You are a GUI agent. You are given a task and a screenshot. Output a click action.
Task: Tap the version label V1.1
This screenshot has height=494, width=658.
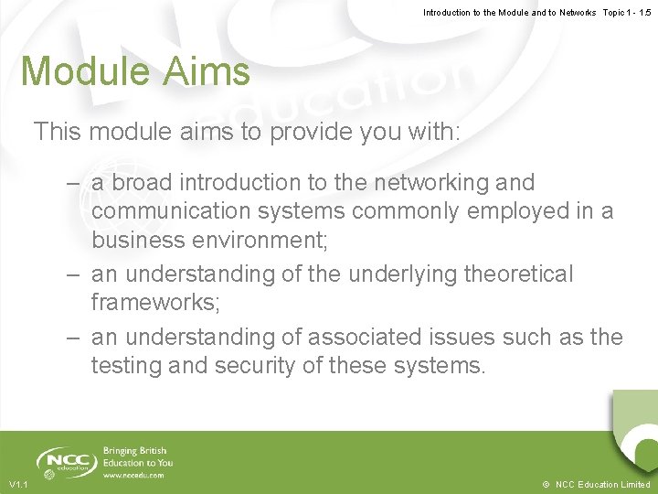(x=18, y=484)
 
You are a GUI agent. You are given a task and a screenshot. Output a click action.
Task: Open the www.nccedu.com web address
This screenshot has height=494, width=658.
(x=133, y=476)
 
